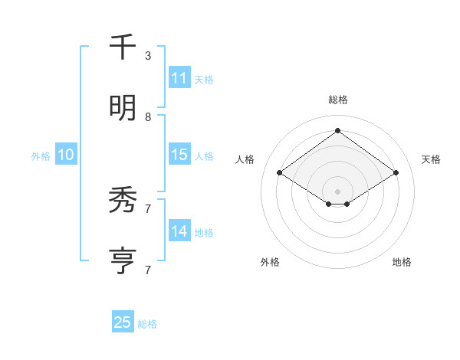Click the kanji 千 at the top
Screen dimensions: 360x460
pos(123,47)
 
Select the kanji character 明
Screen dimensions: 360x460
pos(123,109)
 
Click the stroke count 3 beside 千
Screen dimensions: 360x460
pos(148,56)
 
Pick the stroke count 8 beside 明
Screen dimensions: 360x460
pos(148,117)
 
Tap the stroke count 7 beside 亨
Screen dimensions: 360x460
pos(148,270)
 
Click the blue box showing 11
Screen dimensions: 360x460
pos(179,78)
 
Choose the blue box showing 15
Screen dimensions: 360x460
pos(179,155)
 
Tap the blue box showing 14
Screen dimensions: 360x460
pos(179,231)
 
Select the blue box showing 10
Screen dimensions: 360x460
pos(66,155)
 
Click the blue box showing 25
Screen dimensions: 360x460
pos(123,322)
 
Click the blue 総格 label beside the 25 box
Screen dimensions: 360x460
pos(147,324)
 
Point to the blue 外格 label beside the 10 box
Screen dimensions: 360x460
pos(41,156)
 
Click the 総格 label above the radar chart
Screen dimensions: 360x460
pos(337,100)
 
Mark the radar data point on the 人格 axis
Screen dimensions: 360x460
pos(280,173)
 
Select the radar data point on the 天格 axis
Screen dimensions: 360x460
pos(396,173)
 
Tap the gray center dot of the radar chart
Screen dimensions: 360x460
pos(337,191)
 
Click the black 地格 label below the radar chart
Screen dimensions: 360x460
pos(402,262)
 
